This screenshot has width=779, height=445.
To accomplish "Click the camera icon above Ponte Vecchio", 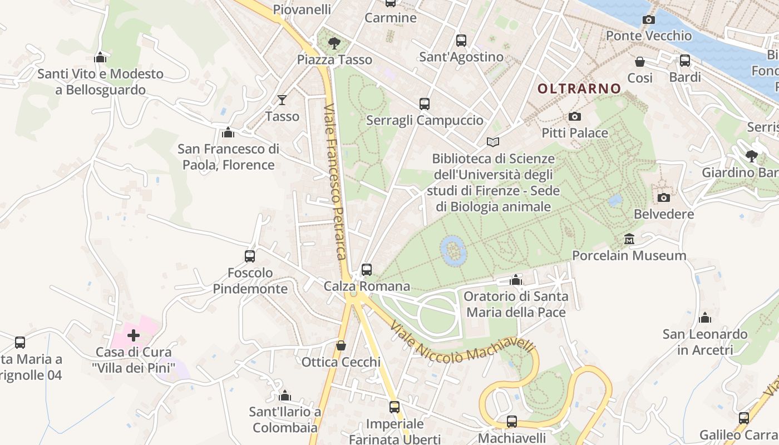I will (x=648, y=20).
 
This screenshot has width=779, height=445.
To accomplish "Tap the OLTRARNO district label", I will (x=579, y=88).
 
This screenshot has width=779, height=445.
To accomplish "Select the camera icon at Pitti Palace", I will (x=575, y=117).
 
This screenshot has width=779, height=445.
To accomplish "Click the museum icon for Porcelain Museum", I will (x=629, y=239).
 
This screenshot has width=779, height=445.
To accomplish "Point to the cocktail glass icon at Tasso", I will (x=282, y=100).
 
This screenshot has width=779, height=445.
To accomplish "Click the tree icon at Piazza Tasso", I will (x=334, y=43).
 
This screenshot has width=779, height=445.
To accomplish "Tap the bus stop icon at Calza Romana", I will (x=366, y=270).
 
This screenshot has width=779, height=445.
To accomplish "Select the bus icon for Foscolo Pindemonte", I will (x=250, y=256).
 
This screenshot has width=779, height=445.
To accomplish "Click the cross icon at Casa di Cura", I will (x=134, y=335).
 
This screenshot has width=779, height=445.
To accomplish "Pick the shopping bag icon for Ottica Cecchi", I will (x=341, y=346).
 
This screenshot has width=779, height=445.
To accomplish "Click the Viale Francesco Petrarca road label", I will (x=336, y=181).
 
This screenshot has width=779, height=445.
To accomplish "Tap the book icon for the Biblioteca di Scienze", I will (x=493, y=142).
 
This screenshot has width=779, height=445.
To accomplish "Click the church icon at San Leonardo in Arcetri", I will (x=705, y=318).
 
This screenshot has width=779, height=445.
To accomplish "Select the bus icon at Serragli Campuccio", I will (x=425, y=104).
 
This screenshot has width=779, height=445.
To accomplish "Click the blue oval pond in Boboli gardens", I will (x=453, y=250).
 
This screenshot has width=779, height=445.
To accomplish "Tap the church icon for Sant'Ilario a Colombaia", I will (x=285, y=396).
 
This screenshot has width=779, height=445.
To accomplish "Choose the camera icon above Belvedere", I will (x=664, y=198).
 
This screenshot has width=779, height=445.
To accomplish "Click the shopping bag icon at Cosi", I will (x=640, y=62).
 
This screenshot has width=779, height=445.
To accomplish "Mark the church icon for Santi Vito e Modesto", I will (x=100, y=57).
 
